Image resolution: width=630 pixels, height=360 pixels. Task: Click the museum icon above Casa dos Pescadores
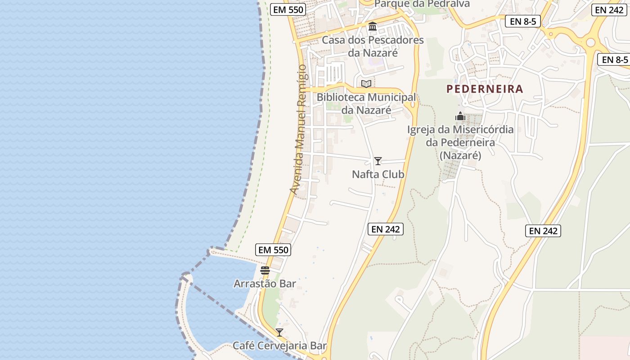tap(373, 27)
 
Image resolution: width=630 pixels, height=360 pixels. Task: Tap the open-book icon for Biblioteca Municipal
tap(366, 84)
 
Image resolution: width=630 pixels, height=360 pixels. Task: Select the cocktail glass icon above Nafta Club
tap(378, 161)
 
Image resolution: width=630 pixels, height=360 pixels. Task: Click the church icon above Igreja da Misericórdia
tap(460, 116)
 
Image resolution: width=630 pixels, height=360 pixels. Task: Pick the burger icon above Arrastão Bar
tap(265, 270)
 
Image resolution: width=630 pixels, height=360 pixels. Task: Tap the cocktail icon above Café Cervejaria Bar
tap(279, 333)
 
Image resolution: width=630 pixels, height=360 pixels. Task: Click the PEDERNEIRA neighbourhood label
tap(485, 89)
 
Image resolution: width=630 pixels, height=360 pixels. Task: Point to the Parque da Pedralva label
tap(422, 4)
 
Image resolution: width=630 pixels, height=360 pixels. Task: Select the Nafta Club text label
tap(378, 174)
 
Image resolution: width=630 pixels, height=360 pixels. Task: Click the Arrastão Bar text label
tap(265, 283)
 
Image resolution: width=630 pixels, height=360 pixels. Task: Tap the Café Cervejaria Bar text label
tap(279, 346)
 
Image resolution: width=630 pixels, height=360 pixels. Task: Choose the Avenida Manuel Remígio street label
tap(300, 130)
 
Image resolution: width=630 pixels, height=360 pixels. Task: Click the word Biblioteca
tap(341, 97)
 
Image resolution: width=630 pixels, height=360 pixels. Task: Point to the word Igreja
tap(421, 130)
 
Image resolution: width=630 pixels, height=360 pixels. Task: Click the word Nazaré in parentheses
tap(460, 155)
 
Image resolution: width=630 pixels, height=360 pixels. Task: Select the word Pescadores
tap(396, 40)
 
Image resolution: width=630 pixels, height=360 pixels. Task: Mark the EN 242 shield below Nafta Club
tap(386, 229)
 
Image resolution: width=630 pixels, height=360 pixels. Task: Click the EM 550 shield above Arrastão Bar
tap(273, 250)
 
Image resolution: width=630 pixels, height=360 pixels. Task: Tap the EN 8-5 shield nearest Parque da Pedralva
tap(522, 21)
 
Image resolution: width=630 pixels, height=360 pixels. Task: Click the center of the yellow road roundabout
tap(590, 42)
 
